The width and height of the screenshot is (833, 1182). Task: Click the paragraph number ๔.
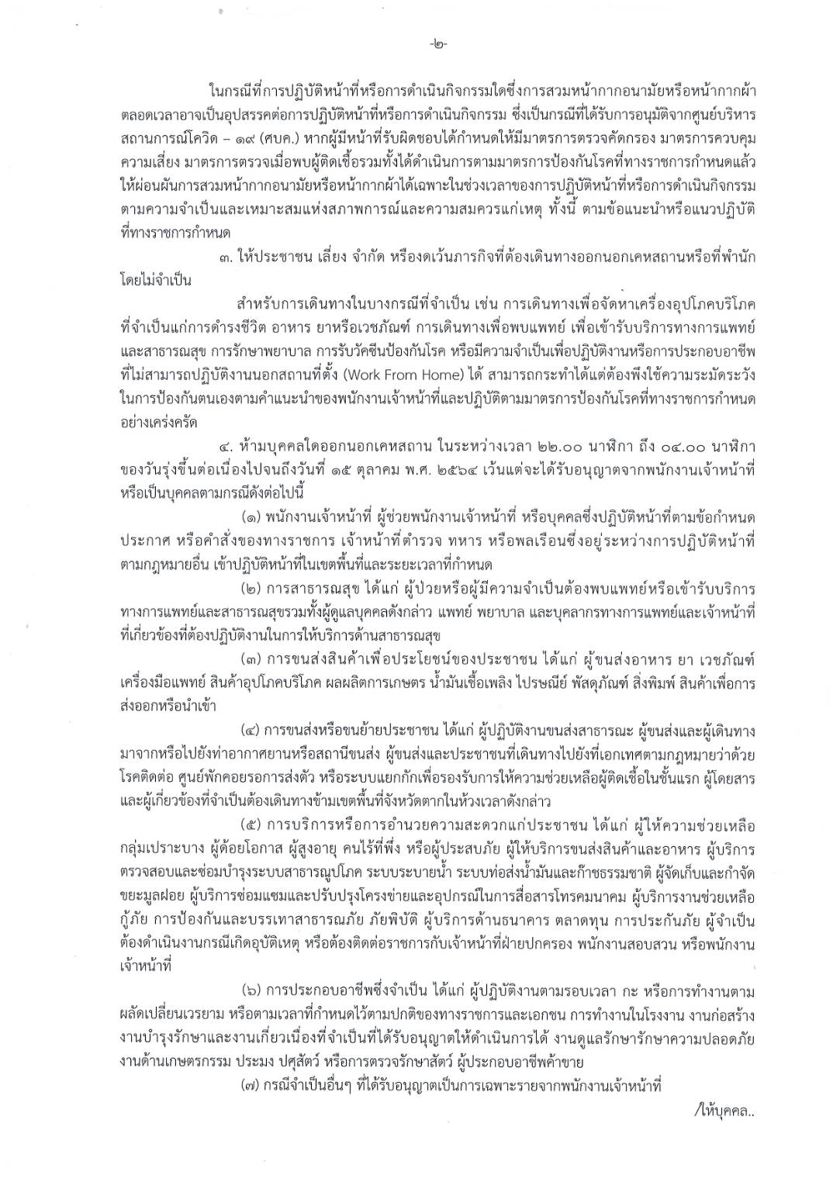[x=225, y=448]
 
